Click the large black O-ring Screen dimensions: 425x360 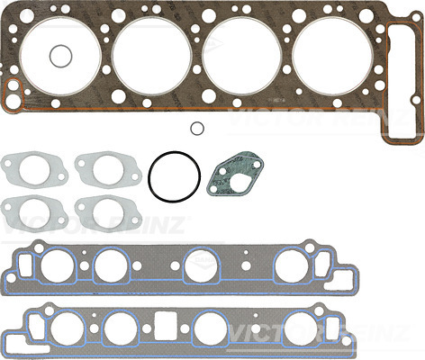[149, 177]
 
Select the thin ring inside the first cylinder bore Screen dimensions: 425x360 [50, 56]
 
